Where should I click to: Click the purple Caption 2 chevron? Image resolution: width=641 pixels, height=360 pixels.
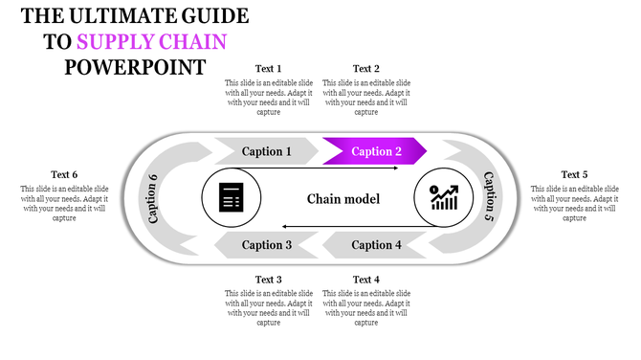click(374, 151)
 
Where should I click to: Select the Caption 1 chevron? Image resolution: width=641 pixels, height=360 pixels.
click(267, 151)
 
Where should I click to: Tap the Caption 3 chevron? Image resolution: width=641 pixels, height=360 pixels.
click(267, 245)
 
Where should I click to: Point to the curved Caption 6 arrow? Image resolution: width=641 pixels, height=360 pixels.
click(153, 198)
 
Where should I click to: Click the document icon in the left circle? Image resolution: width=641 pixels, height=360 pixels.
click(230, 198)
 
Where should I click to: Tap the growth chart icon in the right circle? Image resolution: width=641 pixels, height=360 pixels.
click(442, 198)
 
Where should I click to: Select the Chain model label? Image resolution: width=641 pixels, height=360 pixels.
click(343, 199)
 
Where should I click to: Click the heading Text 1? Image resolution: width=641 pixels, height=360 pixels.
click(267, 68)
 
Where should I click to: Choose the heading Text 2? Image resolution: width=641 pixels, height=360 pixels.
click(366, 68)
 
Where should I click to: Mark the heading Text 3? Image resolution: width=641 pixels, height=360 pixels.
click(267, 280)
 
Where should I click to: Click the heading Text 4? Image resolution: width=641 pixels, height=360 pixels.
click(366, 280)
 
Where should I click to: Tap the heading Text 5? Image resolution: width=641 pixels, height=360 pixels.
click(574, 174)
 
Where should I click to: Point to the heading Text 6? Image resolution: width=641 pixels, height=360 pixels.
click(64, 174)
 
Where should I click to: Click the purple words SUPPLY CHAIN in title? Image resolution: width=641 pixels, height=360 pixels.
click(152, 42)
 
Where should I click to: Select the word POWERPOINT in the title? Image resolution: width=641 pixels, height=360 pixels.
click(135, 67)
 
